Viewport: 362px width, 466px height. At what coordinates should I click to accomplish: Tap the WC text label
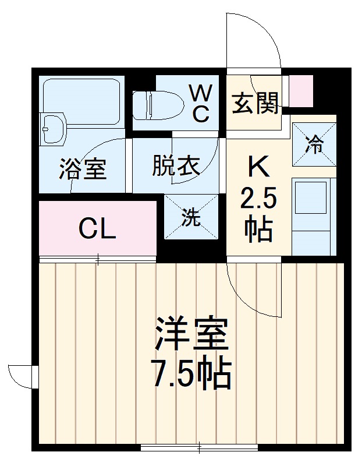pyautogui.click(x=199, y=103)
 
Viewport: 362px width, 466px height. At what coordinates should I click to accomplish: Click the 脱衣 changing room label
pyautogui.click(x=175, y=166)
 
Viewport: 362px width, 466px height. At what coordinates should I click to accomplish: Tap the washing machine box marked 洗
pyautogui.click(x=191, y=216)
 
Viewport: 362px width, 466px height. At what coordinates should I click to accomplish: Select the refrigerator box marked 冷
pyautogui.click(x=314, y=144)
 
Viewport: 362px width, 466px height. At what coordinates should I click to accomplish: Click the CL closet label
pyautogui.click(x=97, y=229)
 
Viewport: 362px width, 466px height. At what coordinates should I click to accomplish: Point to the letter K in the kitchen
pyautogui.click(x=258, y=168)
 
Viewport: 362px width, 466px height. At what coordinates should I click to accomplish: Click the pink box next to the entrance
pyautogui.click(x=301, y=91)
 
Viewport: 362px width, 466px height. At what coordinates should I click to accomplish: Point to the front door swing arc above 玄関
pyautogui.click(x=256, y=41)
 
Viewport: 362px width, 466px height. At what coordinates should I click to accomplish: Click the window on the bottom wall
pyautogui.click(x=199, y=447)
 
